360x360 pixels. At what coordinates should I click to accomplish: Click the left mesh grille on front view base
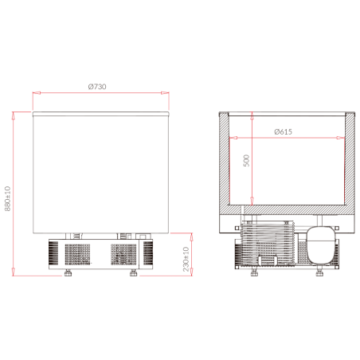(x=77, y=254)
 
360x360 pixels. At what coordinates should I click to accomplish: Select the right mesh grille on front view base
(x=124, y=254)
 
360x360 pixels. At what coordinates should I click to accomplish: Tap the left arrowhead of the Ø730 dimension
(x=35, y=92)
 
